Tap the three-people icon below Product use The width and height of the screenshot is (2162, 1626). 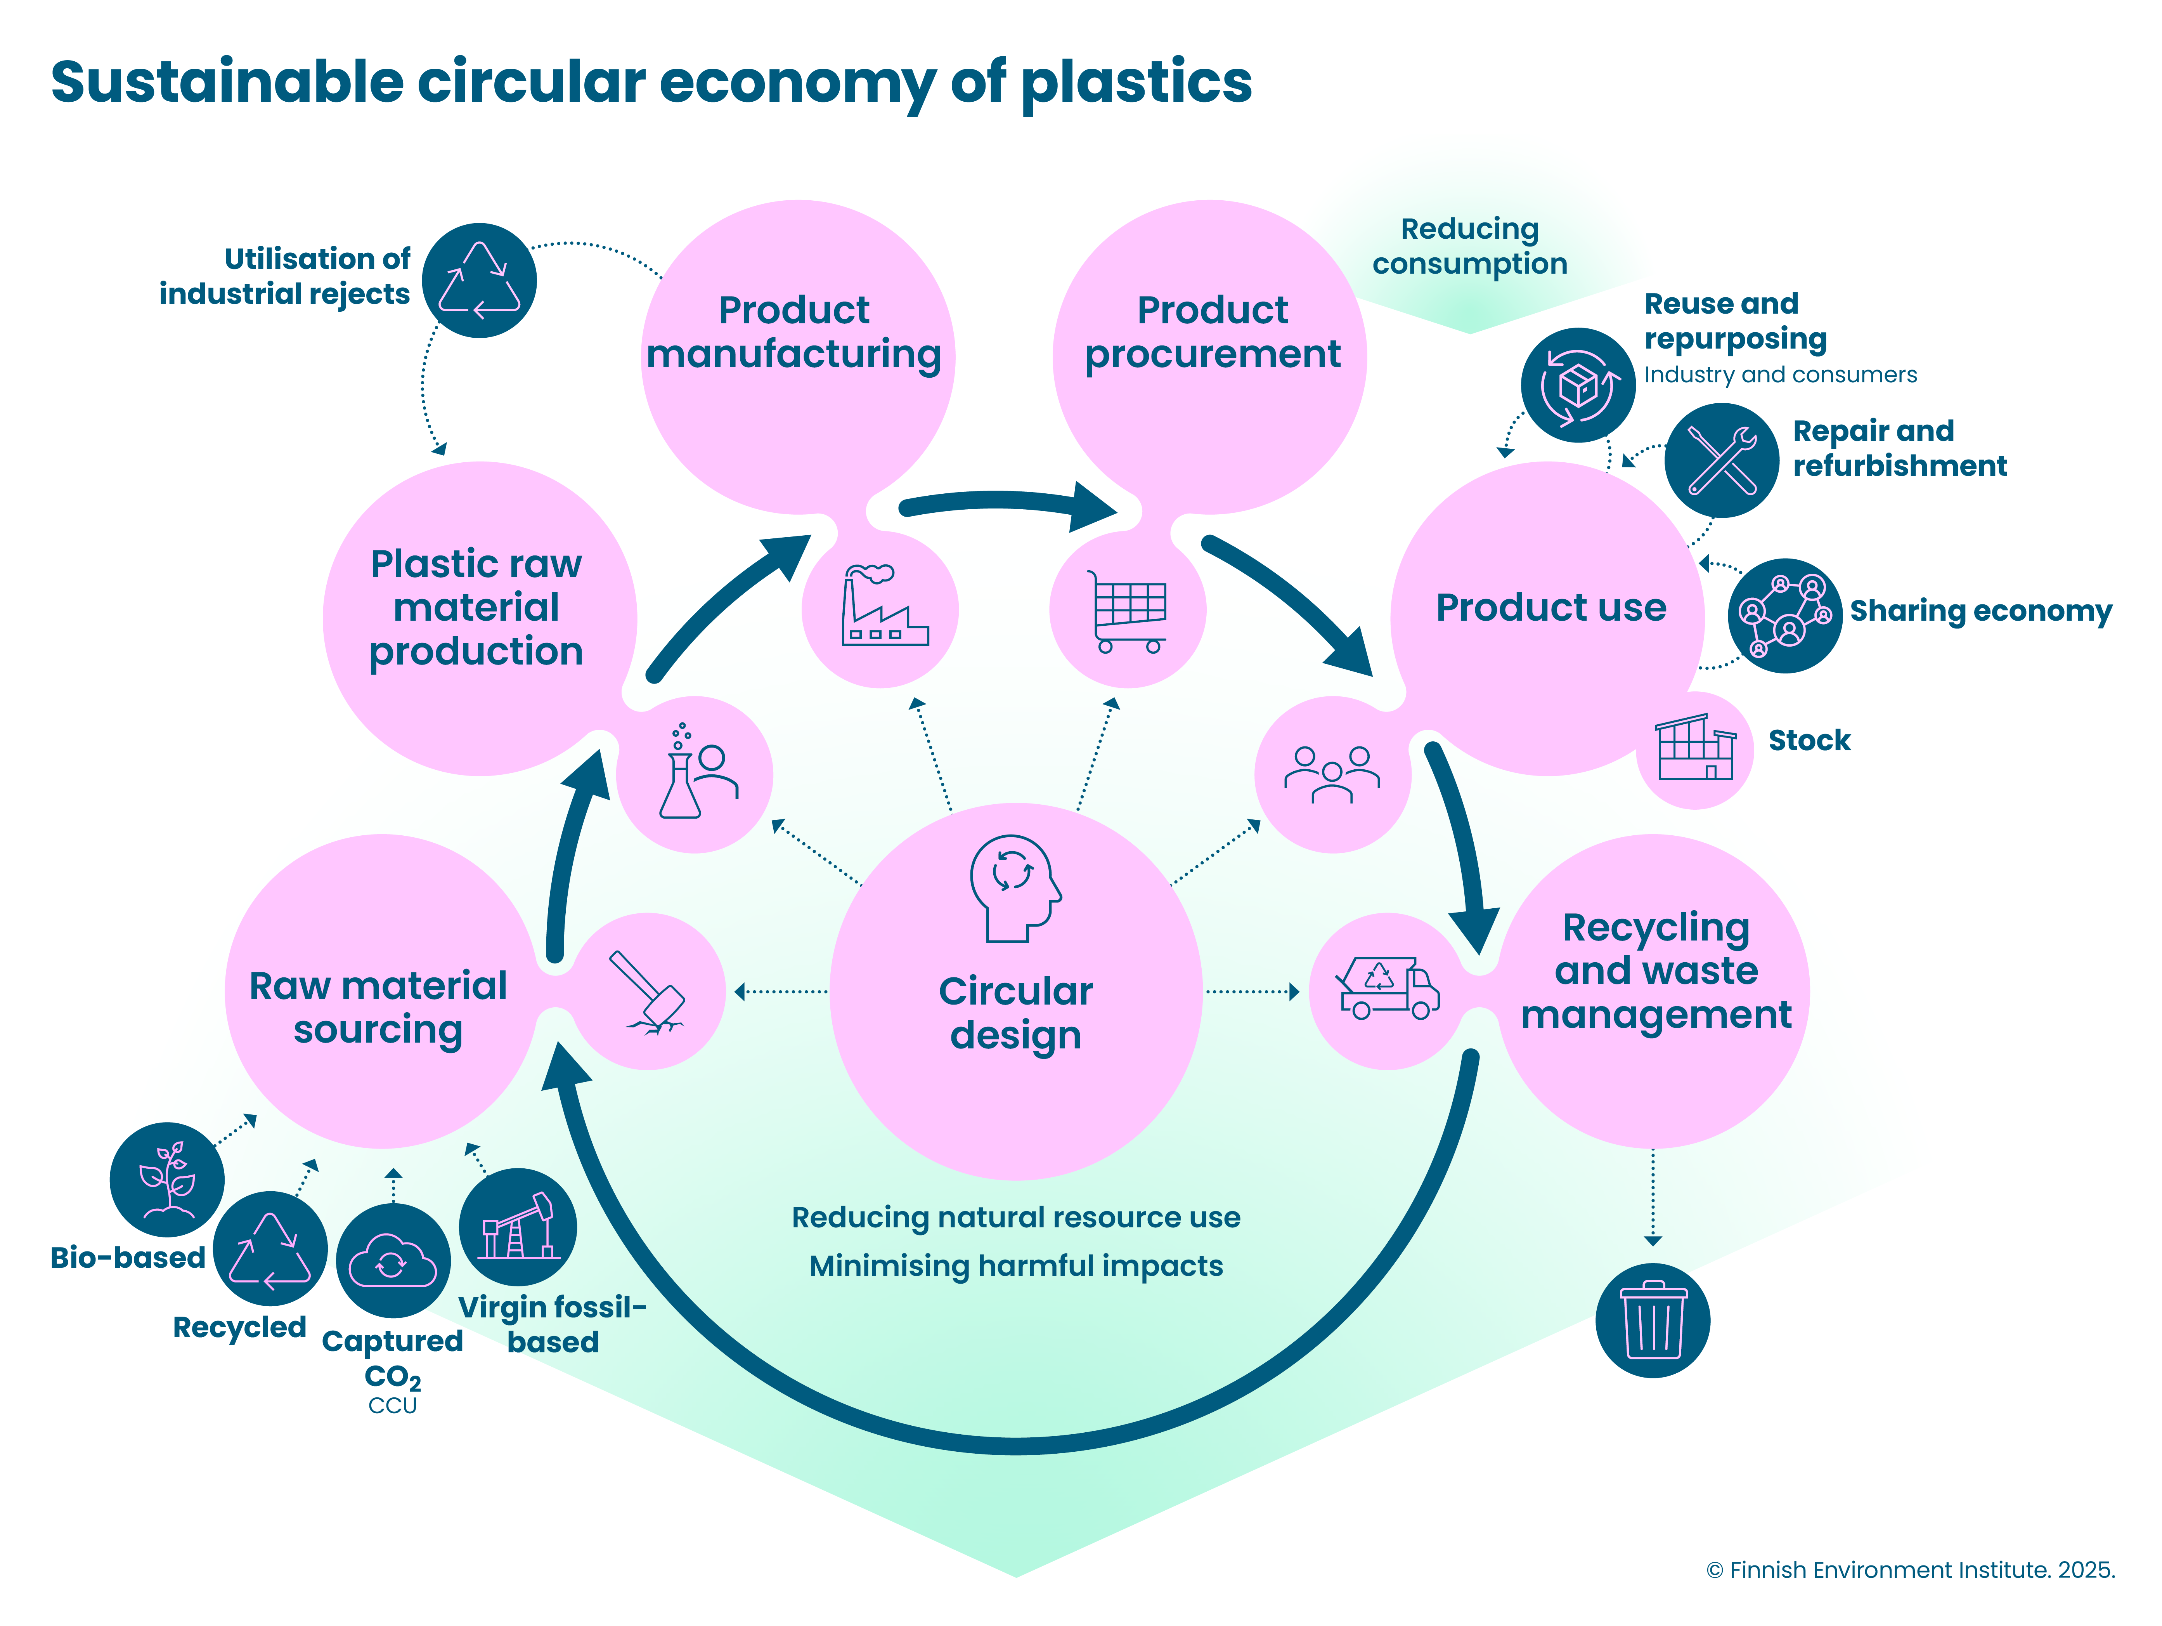coord(1332,774)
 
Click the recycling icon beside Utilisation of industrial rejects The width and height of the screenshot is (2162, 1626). coord(479,281)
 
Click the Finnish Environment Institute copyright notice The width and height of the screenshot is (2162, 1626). coord(1911,1569)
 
